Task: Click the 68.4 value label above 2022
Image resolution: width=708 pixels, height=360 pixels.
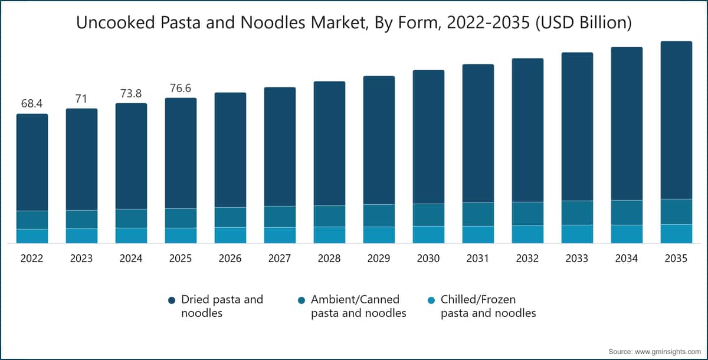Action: (x=32, y=104)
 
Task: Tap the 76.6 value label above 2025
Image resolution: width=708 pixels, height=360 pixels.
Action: (x=181, y=88)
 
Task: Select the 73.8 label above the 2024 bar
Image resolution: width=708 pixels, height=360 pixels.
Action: (x=131, y=93)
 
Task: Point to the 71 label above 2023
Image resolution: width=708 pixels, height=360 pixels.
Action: (x=81, y=99)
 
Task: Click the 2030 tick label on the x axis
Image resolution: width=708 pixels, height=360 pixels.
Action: (x=428, y=259)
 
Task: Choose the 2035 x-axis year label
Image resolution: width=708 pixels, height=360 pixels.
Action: (x=676, y=259)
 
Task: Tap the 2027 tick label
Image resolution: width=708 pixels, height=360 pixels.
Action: (x=280, y=259)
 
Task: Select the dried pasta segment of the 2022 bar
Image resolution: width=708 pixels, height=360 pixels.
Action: (x=32, y=162)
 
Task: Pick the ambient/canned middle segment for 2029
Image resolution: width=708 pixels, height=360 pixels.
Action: (x=379, y=215)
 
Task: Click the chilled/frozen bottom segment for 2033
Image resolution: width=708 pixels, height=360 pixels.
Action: (x=577, y=234)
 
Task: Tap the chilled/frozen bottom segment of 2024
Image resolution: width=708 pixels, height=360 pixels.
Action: (x=131, y=235)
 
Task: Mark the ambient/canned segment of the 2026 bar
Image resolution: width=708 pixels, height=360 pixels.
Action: (x=230, y=217)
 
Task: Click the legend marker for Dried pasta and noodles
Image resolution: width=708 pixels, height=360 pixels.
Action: (x=172, y=300)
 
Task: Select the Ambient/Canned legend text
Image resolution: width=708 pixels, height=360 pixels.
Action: (x=359, y=306)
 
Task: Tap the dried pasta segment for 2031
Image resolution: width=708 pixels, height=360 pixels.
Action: (x=478, y=133)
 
